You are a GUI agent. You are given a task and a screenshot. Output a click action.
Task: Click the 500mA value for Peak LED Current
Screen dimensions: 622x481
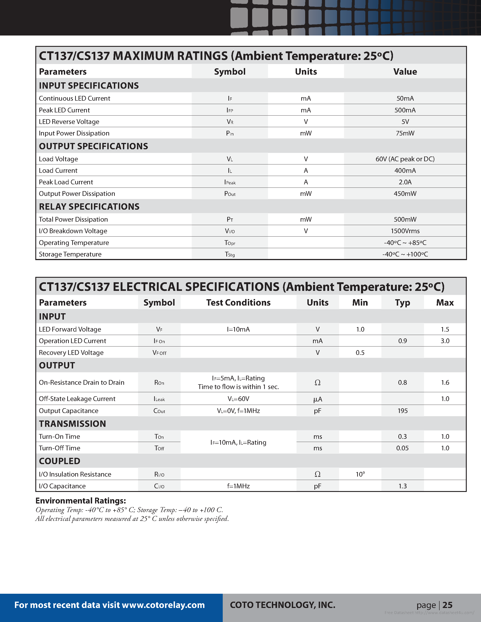pyautogui.click(x=405, y=110)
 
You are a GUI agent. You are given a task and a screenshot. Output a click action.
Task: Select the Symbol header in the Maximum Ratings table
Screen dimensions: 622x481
pyautogui.click(x=230, y=71)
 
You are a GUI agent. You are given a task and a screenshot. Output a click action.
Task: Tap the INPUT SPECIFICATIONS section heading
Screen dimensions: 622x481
pyautogui.click(x=89, y=86)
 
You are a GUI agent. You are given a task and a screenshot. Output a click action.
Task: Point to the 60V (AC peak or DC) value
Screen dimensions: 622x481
pyautogui.click(x=405, y=159)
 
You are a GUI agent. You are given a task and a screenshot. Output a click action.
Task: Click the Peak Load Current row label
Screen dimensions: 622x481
pyautogui.click(x=66, y=182)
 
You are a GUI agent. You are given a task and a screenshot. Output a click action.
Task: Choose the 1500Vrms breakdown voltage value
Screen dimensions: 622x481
pyautogui.click(x=405, y=231)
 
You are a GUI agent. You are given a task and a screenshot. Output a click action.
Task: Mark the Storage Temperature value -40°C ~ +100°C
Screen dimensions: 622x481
pyautogui.click(x=405, y=254)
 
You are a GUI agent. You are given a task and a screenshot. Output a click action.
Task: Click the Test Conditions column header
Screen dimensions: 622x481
pyautogui.click(x=238, y=302)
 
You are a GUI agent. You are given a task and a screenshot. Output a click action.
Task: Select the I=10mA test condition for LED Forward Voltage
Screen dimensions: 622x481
pyautogui.click(x=238, y=330)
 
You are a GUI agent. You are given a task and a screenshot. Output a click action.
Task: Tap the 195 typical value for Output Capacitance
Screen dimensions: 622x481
pyautogui.click(x=402, y=411)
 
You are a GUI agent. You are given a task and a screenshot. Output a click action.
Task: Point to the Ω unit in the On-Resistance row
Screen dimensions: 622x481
pyautogui.click(x=317, y=383)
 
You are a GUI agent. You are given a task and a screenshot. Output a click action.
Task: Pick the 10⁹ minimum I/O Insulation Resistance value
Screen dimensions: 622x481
pyautogui.click(x=360, y=474)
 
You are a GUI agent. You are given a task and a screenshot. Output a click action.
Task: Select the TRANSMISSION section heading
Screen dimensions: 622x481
pyautogui.click(x=72, y=424)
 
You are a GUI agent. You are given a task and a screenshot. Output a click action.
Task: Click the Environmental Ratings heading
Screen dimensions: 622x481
pyautogui.click(x=81, y=501)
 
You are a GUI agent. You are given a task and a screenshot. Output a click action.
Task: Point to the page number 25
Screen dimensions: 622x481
pyautogui.click(x=447, y=605)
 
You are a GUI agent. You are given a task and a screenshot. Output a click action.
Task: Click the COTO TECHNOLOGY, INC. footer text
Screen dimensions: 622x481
pyautogui.click(x=282, y=605)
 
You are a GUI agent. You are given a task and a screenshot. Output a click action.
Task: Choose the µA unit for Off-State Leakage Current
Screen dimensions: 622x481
pyautogui.click(x=317, y=399)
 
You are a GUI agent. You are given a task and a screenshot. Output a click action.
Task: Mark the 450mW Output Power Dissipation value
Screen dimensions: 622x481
pyautogui.click(x=405, y=194)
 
